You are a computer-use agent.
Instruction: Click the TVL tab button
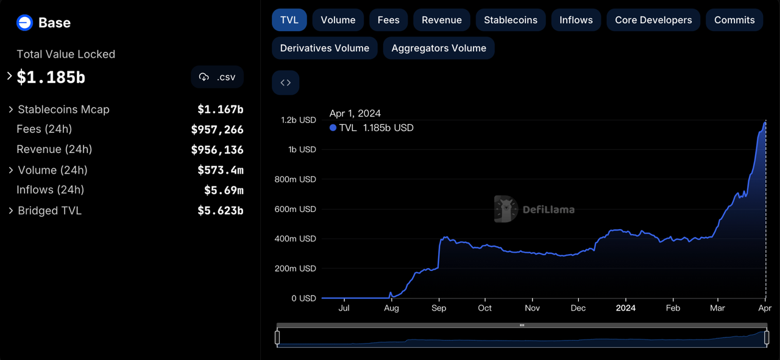click(289, 20)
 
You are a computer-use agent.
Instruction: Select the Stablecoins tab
click(511, 20)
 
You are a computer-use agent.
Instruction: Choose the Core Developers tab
click(653, 20)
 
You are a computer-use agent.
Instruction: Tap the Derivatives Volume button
click(324, 48)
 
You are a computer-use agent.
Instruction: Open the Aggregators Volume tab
click(439, 48)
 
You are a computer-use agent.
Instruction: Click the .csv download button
click(218, 77)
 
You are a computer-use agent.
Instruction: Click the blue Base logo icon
click(24, 23)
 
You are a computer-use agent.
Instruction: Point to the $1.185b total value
click(51, 78)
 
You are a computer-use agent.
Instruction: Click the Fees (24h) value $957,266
click(217, 130)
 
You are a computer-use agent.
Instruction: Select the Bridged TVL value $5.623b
click(220, 211)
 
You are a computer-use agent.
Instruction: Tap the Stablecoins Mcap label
click(63, 110)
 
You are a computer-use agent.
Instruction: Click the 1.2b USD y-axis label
click(299, 120)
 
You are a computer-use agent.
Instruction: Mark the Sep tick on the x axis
click(439, 308)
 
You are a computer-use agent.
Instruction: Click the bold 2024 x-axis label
click(625, 308)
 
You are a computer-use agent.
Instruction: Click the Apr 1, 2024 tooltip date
click(355, 113)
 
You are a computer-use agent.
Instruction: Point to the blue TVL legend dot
click(333, 128)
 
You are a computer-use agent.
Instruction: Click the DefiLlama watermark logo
click(506, 209)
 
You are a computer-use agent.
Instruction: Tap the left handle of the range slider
click(277, 337)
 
